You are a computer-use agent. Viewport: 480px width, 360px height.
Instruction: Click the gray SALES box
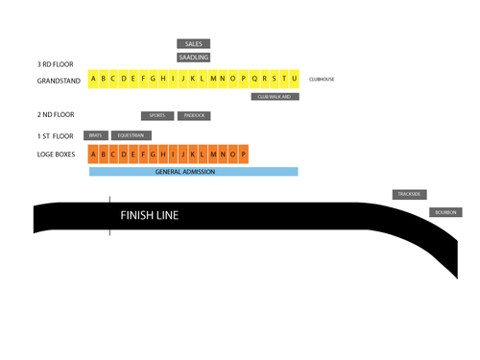pyautogui.click(x=193, y=44)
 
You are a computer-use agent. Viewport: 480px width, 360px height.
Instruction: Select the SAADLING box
pyautogui.click(x=193, y=58)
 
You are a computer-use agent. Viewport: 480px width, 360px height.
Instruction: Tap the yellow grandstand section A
pyautogui.click(x=93, y=79)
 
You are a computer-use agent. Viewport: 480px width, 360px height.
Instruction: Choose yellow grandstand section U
pyautogui.click(x=295, y=79)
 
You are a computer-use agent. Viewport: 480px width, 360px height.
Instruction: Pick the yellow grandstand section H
pyautogui.click(x=163, y=79)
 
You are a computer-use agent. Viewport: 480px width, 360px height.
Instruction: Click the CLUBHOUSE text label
pyautogui.click(x=322, y=79)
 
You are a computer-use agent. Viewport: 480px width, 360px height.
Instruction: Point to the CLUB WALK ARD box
pyautogui.click(x=276, y=97)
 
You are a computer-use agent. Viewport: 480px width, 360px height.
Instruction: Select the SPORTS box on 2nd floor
pyautogui.click(x=157, y=115)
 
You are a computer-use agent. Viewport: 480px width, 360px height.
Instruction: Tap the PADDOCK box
pyautogui.click(x=194, y=115)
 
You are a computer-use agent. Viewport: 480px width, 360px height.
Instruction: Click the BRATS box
pyautogui.click(x=95, y=135)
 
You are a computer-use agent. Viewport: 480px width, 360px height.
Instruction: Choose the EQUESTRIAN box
pyautogui.click(x=131, y=135)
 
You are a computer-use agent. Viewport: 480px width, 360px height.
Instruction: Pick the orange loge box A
pyautogui.click(x=93, y=154)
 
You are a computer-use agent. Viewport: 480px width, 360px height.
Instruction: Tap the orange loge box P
pyautogui.click(x=245, y=154)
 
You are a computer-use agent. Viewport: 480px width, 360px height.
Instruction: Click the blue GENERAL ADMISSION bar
pyautogui.click(x=193, y=172)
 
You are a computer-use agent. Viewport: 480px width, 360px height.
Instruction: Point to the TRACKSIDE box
pyautogui.click(x=409, y=194)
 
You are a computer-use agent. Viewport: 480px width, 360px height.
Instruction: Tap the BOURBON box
pyautogui.click(x=445, y=212)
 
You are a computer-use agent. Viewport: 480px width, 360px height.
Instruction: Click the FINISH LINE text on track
pyautogui.click(x=149, y=215)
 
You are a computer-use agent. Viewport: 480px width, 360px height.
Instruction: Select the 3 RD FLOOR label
pyautogui.click(x=55, y=63)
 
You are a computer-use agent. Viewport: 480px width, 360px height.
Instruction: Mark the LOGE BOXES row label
pyautogui.click(x=55, y=154)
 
